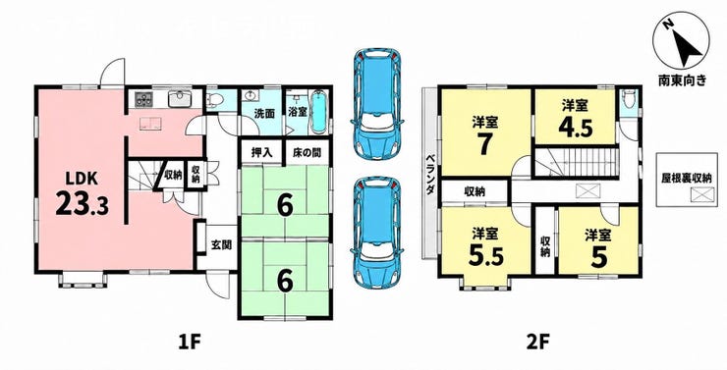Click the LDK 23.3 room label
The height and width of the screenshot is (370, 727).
(83, 194)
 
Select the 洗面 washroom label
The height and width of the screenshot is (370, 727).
(264, 114)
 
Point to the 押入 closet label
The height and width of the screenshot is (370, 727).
(261, 152)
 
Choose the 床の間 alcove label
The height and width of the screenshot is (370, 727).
(306, 152)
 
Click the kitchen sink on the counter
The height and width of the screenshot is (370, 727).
(179, 99)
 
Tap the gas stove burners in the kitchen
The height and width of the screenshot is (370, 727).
(143, 99)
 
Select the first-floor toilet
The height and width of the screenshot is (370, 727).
(215, 99)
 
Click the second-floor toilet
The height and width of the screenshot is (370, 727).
(629, 99)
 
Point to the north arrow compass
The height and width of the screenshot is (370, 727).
(681, 44)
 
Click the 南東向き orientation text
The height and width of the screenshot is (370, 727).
(682, 80)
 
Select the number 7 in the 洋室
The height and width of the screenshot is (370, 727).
(485, 145)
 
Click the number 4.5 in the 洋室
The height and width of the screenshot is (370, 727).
(576, 128)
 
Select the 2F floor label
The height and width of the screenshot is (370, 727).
(539, 344)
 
